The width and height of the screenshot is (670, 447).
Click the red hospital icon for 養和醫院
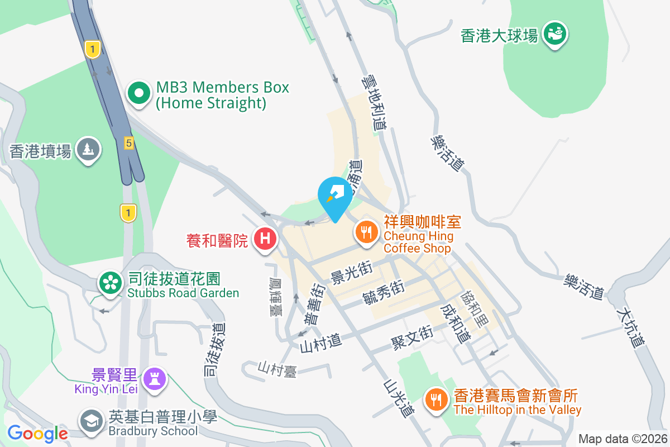(x=266, y=239)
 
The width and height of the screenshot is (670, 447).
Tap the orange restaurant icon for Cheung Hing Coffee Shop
(x=366, y=231)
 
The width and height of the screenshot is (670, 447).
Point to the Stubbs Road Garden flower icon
(x=110, y=283)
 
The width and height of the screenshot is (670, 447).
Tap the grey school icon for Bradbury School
(x=90, y=420)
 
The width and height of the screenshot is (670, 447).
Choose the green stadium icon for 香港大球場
(x=555, y=33)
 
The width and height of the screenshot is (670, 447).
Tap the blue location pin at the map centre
(x=335, y=196)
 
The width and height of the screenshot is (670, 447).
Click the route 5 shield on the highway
(x=129, y=144)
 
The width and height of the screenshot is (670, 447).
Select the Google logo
(x=37, y=433)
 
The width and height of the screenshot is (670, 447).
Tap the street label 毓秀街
(x=383, y=292)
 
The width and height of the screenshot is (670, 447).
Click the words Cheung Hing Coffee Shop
(x=418, y=242)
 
